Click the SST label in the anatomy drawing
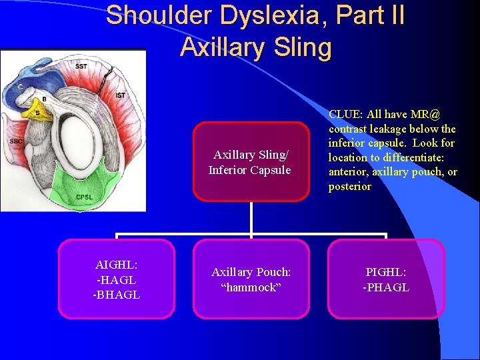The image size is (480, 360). tap(81, 66)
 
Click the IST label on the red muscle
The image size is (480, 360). tap(120, 95)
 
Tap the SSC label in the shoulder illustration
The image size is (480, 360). tap(16, 141)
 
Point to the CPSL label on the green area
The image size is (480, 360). tap(85, 196)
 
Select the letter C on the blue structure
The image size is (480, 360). tap(21, 86)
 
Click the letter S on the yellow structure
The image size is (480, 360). tap(38, 113)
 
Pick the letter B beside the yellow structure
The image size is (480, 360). tap(44, 99)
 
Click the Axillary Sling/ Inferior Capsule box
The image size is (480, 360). tap(251, 162)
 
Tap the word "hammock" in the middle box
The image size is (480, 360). tap(251, 287)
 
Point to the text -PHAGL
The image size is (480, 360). tap(386, 287)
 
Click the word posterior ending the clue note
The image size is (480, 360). tap(349, 186)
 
